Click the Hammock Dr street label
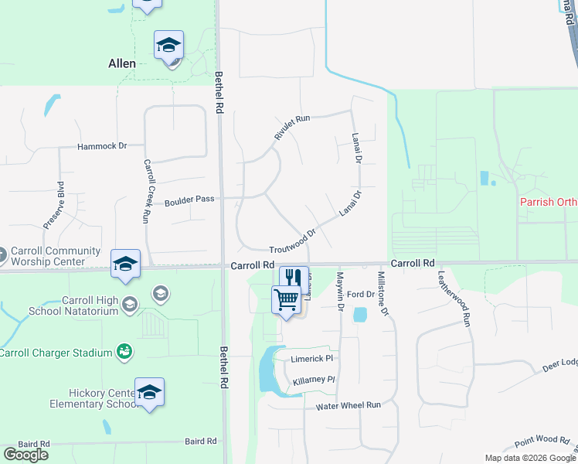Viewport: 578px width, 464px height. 101,146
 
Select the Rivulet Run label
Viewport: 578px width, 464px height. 291,127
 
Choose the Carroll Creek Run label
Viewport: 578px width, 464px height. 145,191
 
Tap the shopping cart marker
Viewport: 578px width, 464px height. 287,299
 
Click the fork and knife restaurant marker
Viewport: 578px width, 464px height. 294,278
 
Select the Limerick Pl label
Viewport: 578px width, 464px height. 311,359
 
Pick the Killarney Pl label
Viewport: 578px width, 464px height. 314,380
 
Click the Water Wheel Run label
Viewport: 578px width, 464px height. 348,405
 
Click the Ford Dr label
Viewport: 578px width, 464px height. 360,295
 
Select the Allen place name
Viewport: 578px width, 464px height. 122,63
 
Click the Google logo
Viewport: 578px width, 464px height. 25,455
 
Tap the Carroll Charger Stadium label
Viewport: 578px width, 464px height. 56,353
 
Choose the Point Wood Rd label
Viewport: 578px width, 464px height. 542,440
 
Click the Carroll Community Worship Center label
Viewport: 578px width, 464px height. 56,256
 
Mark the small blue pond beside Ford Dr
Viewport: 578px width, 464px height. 359,314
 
